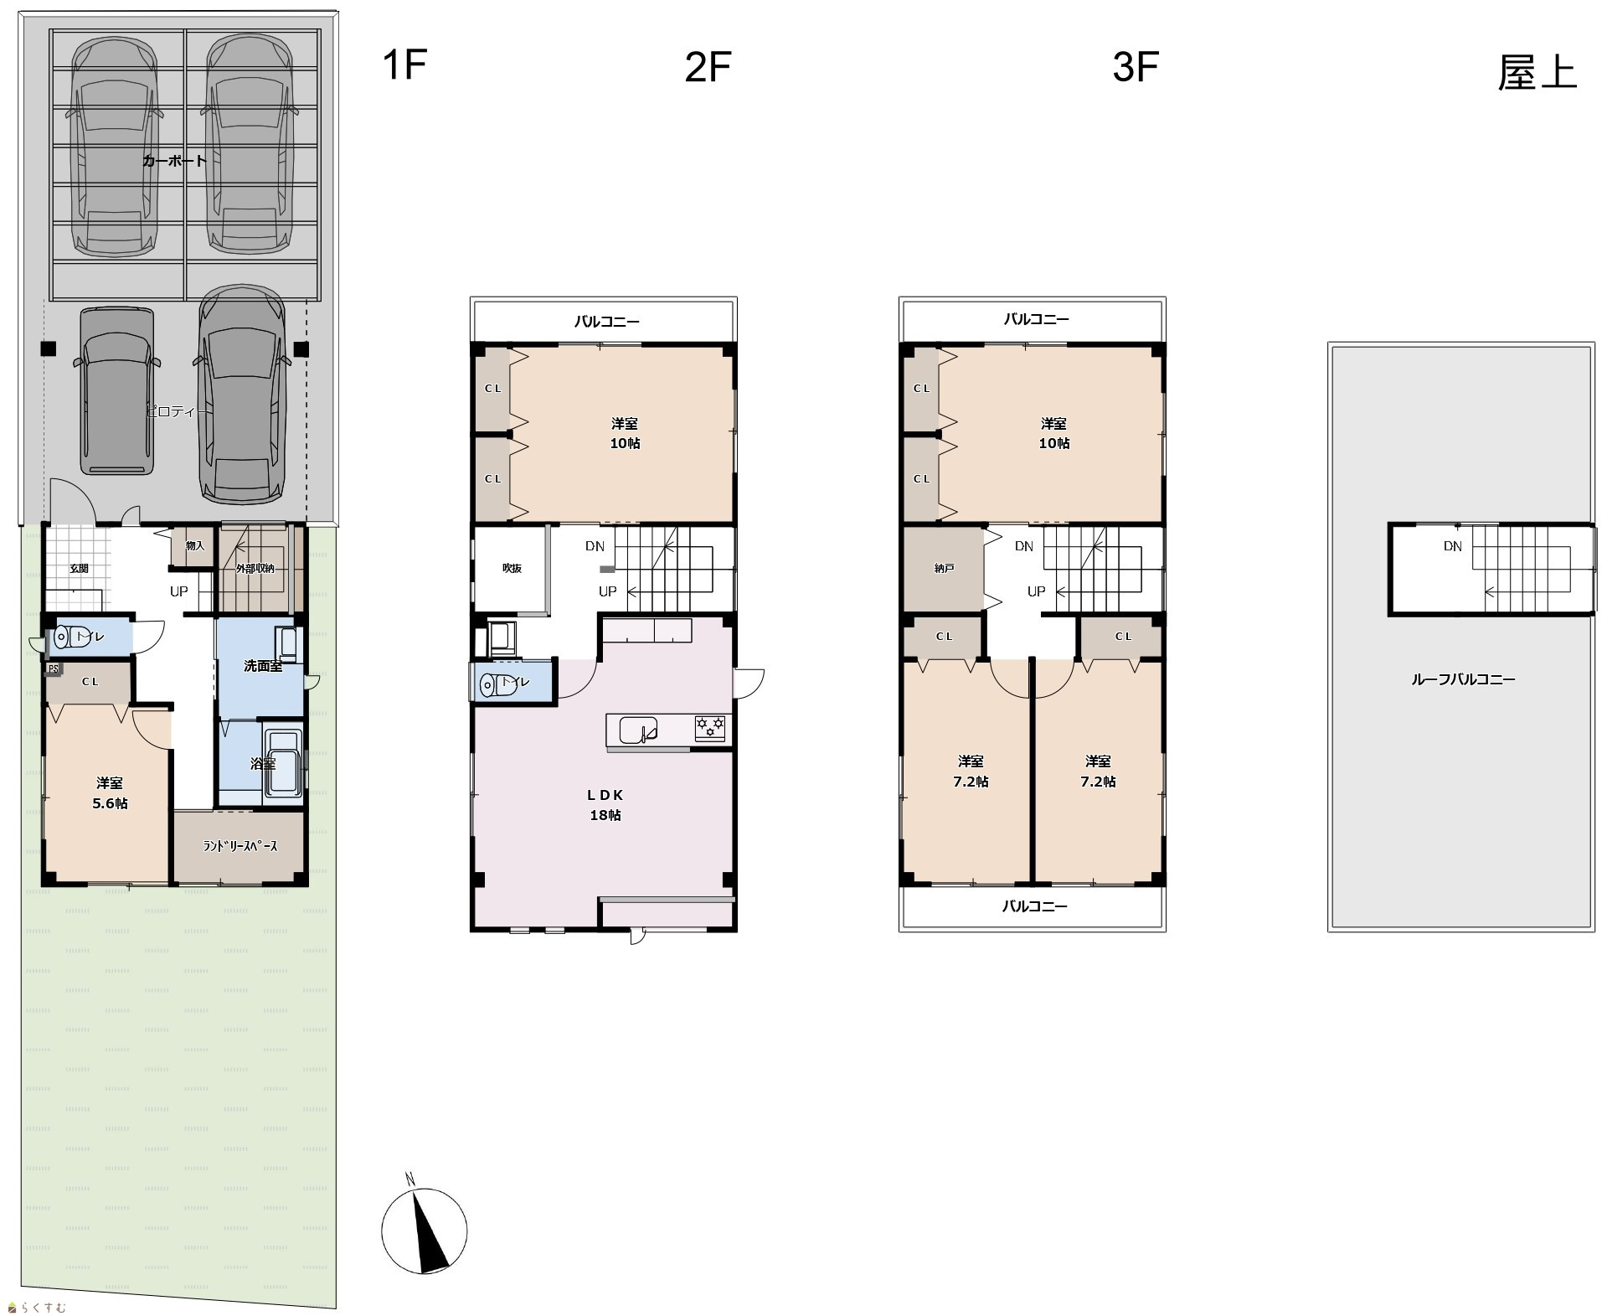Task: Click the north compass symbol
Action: (x=424, y=1230)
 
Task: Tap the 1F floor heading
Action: (x=404, y=65)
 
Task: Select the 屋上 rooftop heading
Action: (x=1537, y=73)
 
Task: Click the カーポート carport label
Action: (x=174, y=161)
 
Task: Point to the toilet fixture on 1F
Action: (x=64, y=637)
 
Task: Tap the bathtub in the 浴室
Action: (x=283, y=763)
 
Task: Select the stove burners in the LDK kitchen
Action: (x=710, y=727)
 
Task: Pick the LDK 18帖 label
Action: (x=605, y=805)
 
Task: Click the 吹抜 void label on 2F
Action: (x=512, y=568)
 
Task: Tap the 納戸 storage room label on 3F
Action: (x=944, y=568)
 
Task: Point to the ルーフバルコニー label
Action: (x=1463, y=679)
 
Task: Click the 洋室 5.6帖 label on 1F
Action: (x=110, y=793)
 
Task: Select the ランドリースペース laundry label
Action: (x=240, y=846)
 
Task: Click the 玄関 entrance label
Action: (x=79, y=568)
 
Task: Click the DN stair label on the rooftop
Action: (x=1453, y=546)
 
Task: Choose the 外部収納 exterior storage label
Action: (x=255, y=568)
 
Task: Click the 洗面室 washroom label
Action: (x=263, y=666)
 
